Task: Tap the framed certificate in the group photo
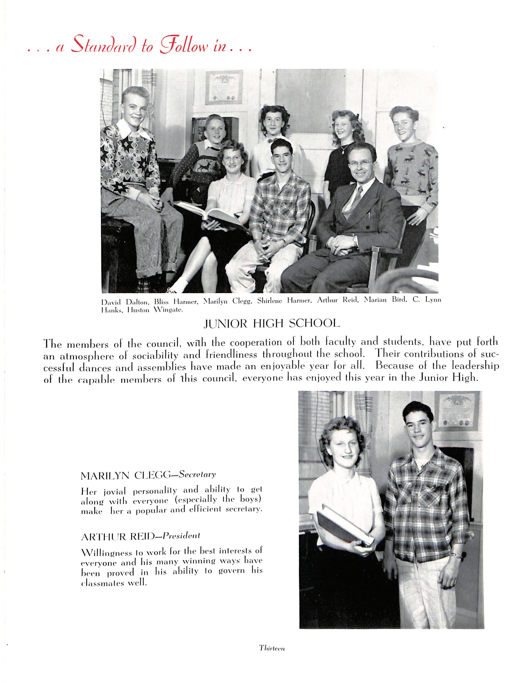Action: coord(224,87)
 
